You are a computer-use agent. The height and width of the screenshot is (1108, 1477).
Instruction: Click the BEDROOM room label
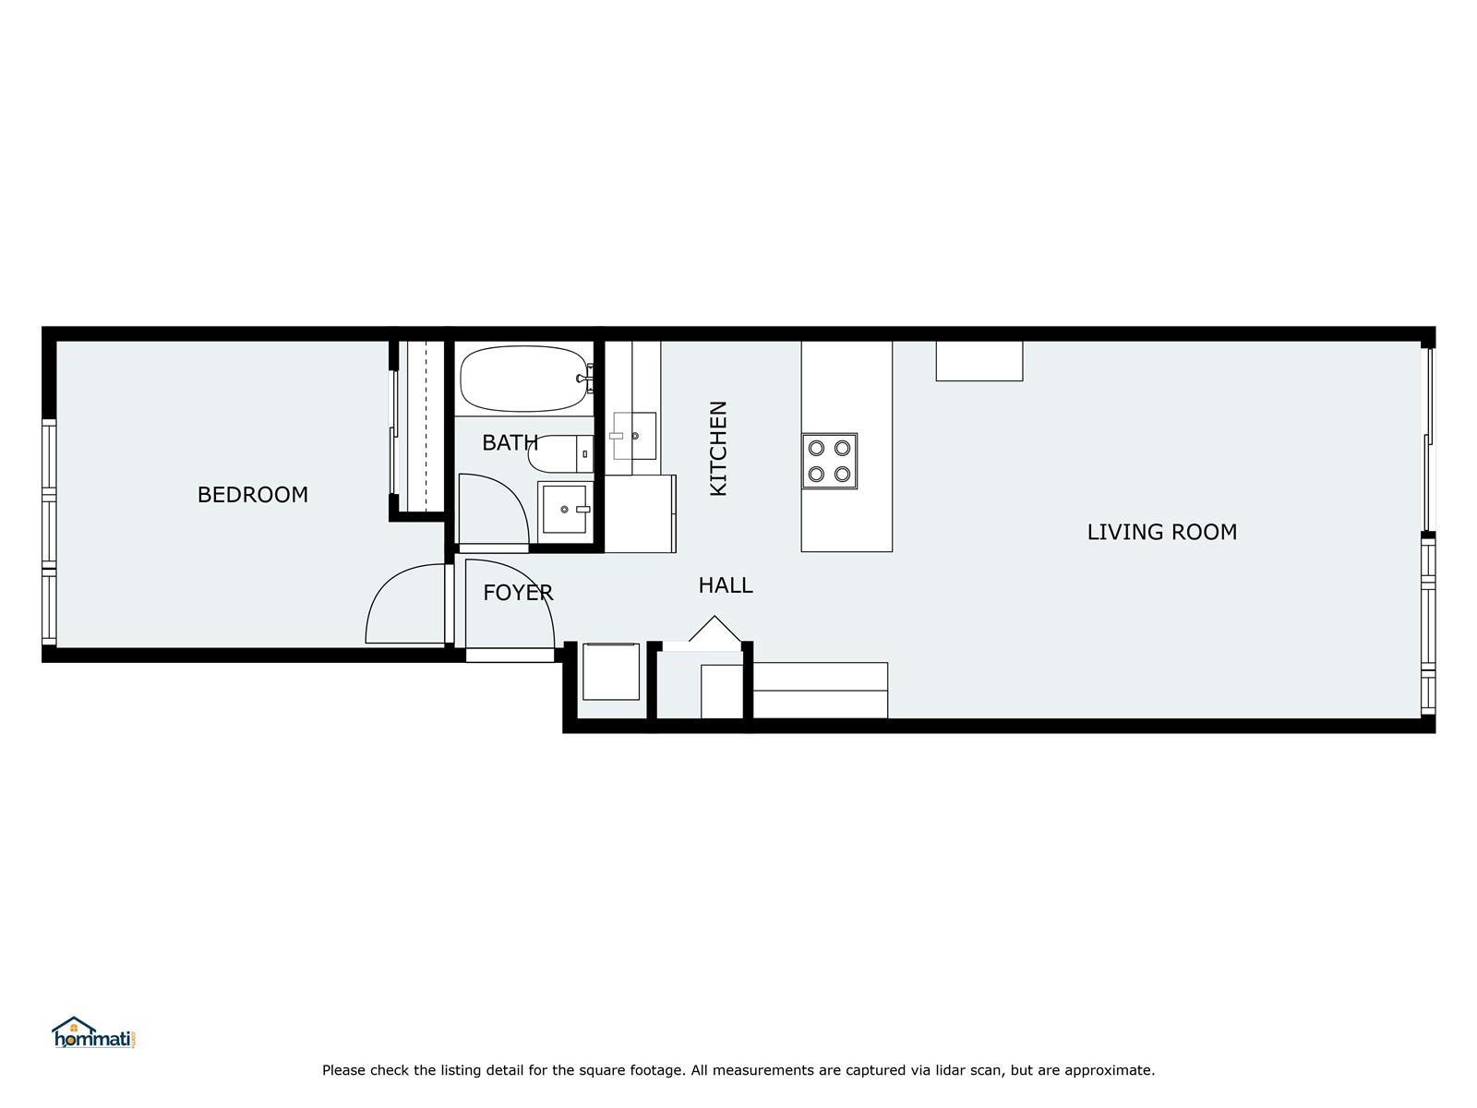tap(252, 495)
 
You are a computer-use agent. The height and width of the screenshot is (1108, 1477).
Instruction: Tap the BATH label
tap(510, 442)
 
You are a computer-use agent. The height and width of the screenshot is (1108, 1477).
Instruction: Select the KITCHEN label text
tap(718, 448)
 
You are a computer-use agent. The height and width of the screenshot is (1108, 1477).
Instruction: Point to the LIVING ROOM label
tap(1162, 532)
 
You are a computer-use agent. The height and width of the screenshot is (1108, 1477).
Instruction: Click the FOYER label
tap(518, 593)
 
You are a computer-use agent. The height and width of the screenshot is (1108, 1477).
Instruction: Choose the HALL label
tap(726, 585)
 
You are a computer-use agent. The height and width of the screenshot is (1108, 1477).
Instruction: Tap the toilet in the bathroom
tap(560, 453)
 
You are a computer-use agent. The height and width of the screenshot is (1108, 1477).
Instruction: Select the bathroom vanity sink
tap(565, 510)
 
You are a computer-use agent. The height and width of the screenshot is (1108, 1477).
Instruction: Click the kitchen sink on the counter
tap(634, 436)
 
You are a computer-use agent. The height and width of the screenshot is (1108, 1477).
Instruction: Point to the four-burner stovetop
tap(829, 461)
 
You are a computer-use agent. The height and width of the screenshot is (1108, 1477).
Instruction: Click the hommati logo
tap(94, 1032)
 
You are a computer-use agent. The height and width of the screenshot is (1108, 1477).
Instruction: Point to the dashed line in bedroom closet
tap(426, 427)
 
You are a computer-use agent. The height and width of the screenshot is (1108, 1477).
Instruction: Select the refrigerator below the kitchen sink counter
tap(640, 514)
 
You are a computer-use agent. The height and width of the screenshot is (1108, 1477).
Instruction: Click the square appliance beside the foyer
tap(611, 671)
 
